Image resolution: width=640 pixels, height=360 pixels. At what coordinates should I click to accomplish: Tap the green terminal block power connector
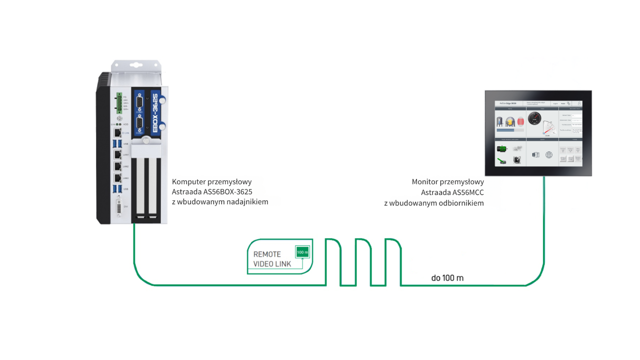click(119, 103)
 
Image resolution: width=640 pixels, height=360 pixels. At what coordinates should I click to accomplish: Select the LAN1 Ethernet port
click(118, 155)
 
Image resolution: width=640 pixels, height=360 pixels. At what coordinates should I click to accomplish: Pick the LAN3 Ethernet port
click(118, 178)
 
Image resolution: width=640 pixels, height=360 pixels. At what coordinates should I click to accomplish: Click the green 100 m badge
click(302, 252)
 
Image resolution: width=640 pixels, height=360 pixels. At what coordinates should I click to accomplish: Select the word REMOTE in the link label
click(267, 254)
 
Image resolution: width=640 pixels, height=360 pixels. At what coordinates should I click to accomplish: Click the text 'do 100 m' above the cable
click(447, 278)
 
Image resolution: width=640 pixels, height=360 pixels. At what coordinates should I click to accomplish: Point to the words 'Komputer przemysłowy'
click(212, 182)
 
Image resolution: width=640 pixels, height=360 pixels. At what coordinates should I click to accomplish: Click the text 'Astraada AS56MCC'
click(452, 193)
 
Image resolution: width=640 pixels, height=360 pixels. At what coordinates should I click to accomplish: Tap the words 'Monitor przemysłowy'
click(448, 182)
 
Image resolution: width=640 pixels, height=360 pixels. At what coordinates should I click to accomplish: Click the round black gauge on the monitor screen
click(534, 119)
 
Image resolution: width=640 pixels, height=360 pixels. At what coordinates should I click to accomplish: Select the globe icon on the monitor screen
click(549, 155)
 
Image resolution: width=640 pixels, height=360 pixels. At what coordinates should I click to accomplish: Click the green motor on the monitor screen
click(502, 148)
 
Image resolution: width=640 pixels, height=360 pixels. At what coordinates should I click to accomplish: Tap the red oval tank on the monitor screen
click(520, 121)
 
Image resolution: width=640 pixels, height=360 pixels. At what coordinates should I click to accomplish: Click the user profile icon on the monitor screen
click(579, 103)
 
